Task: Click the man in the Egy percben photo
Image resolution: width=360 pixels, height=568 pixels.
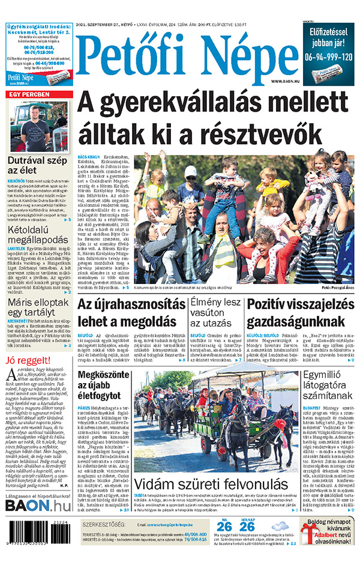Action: click(37, 128)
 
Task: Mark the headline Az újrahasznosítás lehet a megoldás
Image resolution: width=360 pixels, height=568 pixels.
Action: click(131, 312)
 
